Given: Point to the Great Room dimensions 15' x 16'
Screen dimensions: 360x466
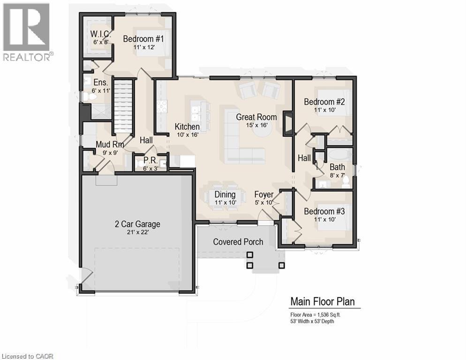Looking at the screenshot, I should coord(256,125).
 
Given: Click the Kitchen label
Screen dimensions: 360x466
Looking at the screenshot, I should coord(187,127).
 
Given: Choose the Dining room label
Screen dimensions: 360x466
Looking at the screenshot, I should coord(225,195).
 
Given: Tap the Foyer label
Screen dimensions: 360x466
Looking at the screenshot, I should coord(263,195).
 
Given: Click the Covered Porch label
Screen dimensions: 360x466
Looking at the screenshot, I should coord(238,242).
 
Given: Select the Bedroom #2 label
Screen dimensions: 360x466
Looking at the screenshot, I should coord(324,102).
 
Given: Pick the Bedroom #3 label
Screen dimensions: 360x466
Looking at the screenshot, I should coord(324,211).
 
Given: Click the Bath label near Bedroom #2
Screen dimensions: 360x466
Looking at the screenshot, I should coord(337,166).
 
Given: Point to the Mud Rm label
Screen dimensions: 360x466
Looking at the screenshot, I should coord(110,144).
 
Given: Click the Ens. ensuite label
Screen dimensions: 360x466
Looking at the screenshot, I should coord(100,82).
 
